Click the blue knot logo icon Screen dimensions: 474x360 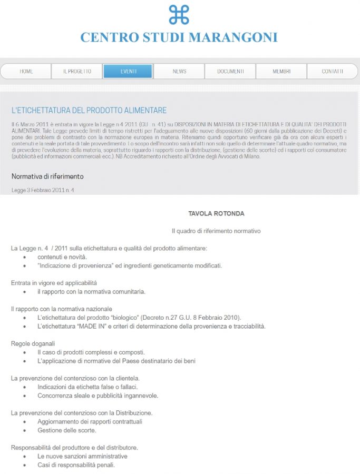[179, 15]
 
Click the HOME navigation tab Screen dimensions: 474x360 [26, 71]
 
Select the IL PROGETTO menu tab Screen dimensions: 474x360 [77, 71]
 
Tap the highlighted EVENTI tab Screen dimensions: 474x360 [128, 71]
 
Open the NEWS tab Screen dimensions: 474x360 [179, 71]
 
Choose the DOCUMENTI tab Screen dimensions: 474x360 [230, 71]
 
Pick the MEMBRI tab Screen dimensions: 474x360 [281, 71]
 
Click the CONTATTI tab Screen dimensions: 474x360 [332, 71]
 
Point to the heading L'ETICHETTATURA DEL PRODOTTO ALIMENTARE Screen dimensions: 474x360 [89, 111]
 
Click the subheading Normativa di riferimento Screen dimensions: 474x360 [47, 176]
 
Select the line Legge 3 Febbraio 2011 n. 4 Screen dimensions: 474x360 [43, 190]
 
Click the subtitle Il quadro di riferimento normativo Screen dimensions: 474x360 [216, 231]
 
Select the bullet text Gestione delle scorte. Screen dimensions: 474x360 [67, 430]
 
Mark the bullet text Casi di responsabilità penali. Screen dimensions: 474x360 [76, 465]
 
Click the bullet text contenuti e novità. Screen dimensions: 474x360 [62, 257]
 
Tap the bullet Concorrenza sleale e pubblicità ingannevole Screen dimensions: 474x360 [98, 396]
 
